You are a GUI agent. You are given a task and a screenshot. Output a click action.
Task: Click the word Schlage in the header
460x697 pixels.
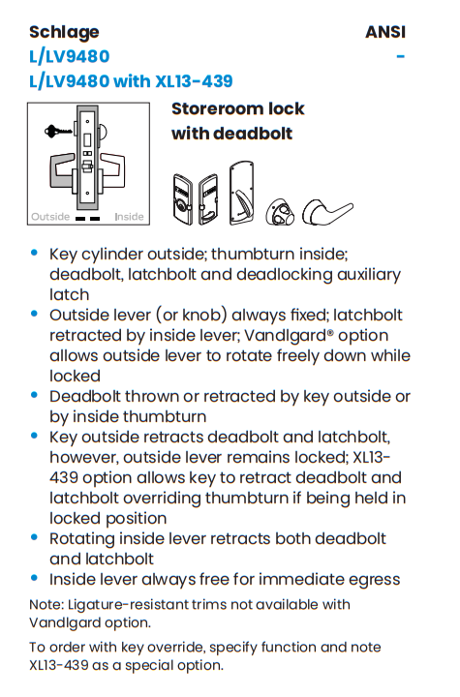(64, 32)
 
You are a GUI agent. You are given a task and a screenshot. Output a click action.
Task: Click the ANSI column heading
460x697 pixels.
(384, 32)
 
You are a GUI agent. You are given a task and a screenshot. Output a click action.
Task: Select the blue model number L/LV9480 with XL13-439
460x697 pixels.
(131, 80)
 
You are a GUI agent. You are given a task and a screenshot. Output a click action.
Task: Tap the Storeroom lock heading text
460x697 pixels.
(237, 108)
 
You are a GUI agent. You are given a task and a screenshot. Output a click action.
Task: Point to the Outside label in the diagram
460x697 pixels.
(50, 217)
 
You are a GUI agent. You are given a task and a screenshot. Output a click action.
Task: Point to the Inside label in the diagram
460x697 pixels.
(129, 217)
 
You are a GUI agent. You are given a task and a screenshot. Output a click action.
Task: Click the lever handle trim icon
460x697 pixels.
(327, 209)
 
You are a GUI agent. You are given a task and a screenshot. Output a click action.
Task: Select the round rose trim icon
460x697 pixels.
(282, 211)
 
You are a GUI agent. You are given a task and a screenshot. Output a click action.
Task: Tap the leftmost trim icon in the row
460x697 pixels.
(183, 200)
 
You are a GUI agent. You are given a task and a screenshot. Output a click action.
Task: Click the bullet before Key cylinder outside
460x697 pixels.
(35, 253)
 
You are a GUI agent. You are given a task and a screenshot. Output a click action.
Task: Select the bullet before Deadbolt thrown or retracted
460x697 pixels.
(35, 395)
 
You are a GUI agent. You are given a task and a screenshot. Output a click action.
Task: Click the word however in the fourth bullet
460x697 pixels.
(85, 457)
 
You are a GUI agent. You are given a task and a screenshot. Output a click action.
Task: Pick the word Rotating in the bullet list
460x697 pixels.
(85, 538)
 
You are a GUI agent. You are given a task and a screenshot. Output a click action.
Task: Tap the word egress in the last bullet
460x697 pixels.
(373, 579)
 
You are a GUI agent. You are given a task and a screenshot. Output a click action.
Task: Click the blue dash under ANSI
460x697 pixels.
(400, 56)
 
